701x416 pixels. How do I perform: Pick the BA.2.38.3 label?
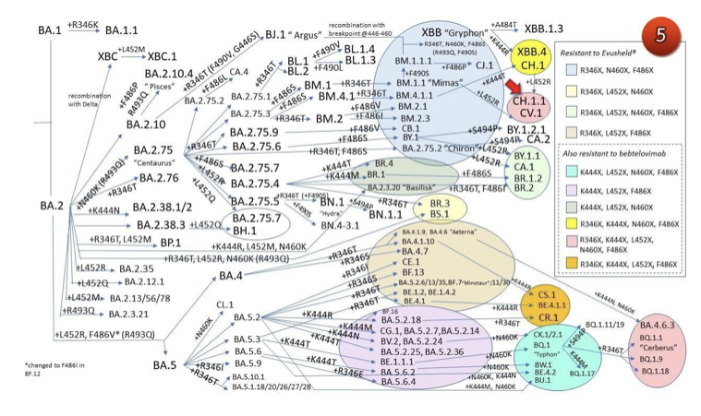pyautogui.click(x=163, y=224)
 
